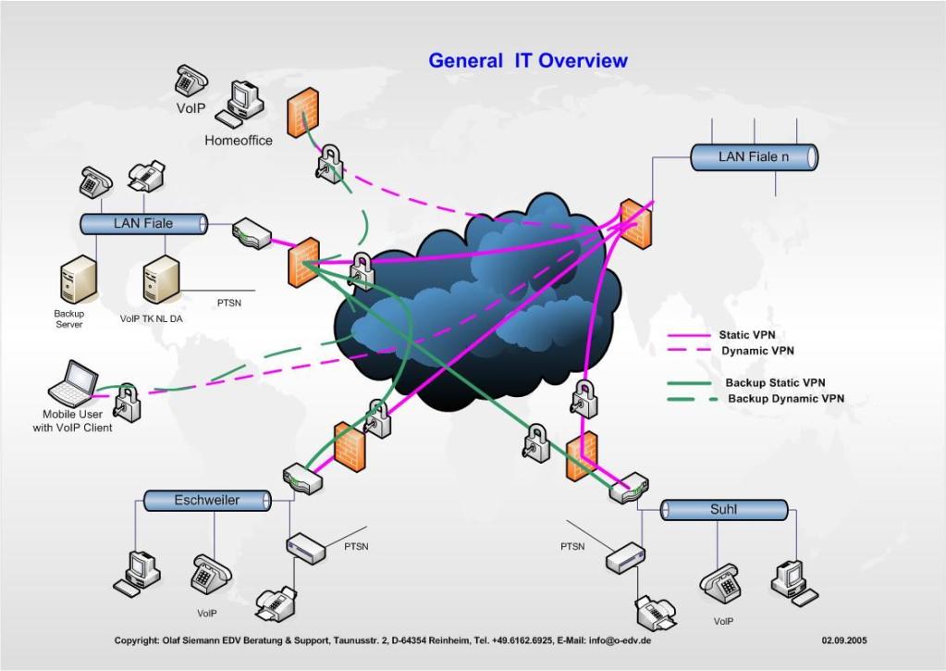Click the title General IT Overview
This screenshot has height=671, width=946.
point(528,61)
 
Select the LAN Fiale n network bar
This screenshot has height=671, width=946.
point(754,157)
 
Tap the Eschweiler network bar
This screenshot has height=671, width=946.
point(207,501)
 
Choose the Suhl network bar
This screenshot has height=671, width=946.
point(723,510)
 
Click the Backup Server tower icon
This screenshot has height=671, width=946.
point(72,281)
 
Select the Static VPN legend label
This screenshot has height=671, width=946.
point(747,335)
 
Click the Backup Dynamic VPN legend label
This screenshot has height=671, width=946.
point(785,399)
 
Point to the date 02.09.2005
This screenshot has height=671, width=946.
point(844,640)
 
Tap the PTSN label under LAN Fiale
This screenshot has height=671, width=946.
point(229,303)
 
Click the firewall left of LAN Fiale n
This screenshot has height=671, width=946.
point(634,223)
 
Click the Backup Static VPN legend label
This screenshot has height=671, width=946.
point(775,382)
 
